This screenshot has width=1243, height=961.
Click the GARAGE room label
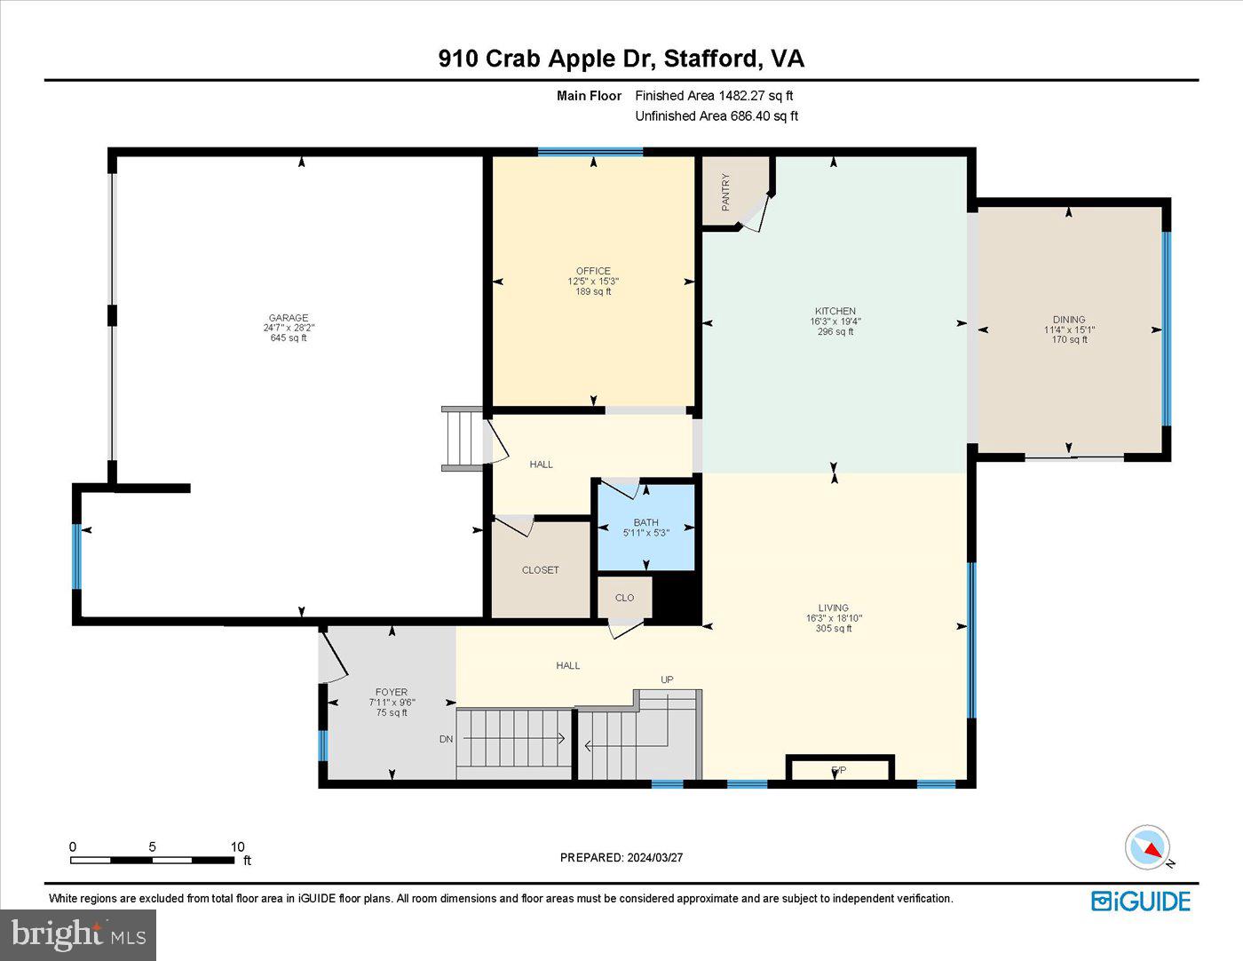(x=289, y=318)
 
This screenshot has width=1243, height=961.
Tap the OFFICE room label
(x=593, y=271)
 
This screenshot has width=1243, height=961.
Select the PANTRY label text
(x=725, y=192)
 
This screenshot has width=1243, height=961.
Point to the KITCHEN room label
(x=835, y=311)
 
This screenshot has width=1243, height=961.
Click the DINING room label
(x=1069, y=320)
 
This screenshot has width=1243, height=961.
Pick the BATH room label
(x=645, y=522)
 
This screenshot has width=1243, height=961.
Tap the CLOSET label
(x=540, y=570)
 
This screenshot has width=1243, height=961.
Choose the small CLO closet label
(x=625, y=598)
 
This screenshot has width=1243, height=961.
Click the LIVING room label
(x=834, y=608)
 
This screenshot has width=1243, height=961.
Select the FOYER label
(x=392, y=692)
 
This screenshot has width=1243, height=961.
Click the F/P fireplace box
(x=839, y=769)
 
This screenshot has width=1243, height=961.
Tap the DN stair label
(x=446, y=739)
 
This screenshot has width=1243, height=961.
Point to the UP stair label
(x=667, y=679)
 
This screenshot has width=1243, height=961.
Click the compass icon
(x=1147, y=847)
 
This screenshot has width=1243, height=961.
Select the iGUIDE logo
(x=1141, y=901)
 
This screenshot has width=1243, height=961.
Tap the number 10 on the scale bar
(x=237, y=847)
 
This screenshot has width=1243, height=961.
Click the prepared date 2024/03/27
(x=654, y=857)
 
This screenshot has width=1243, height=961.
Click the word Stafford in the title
(x=712, y=59)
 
